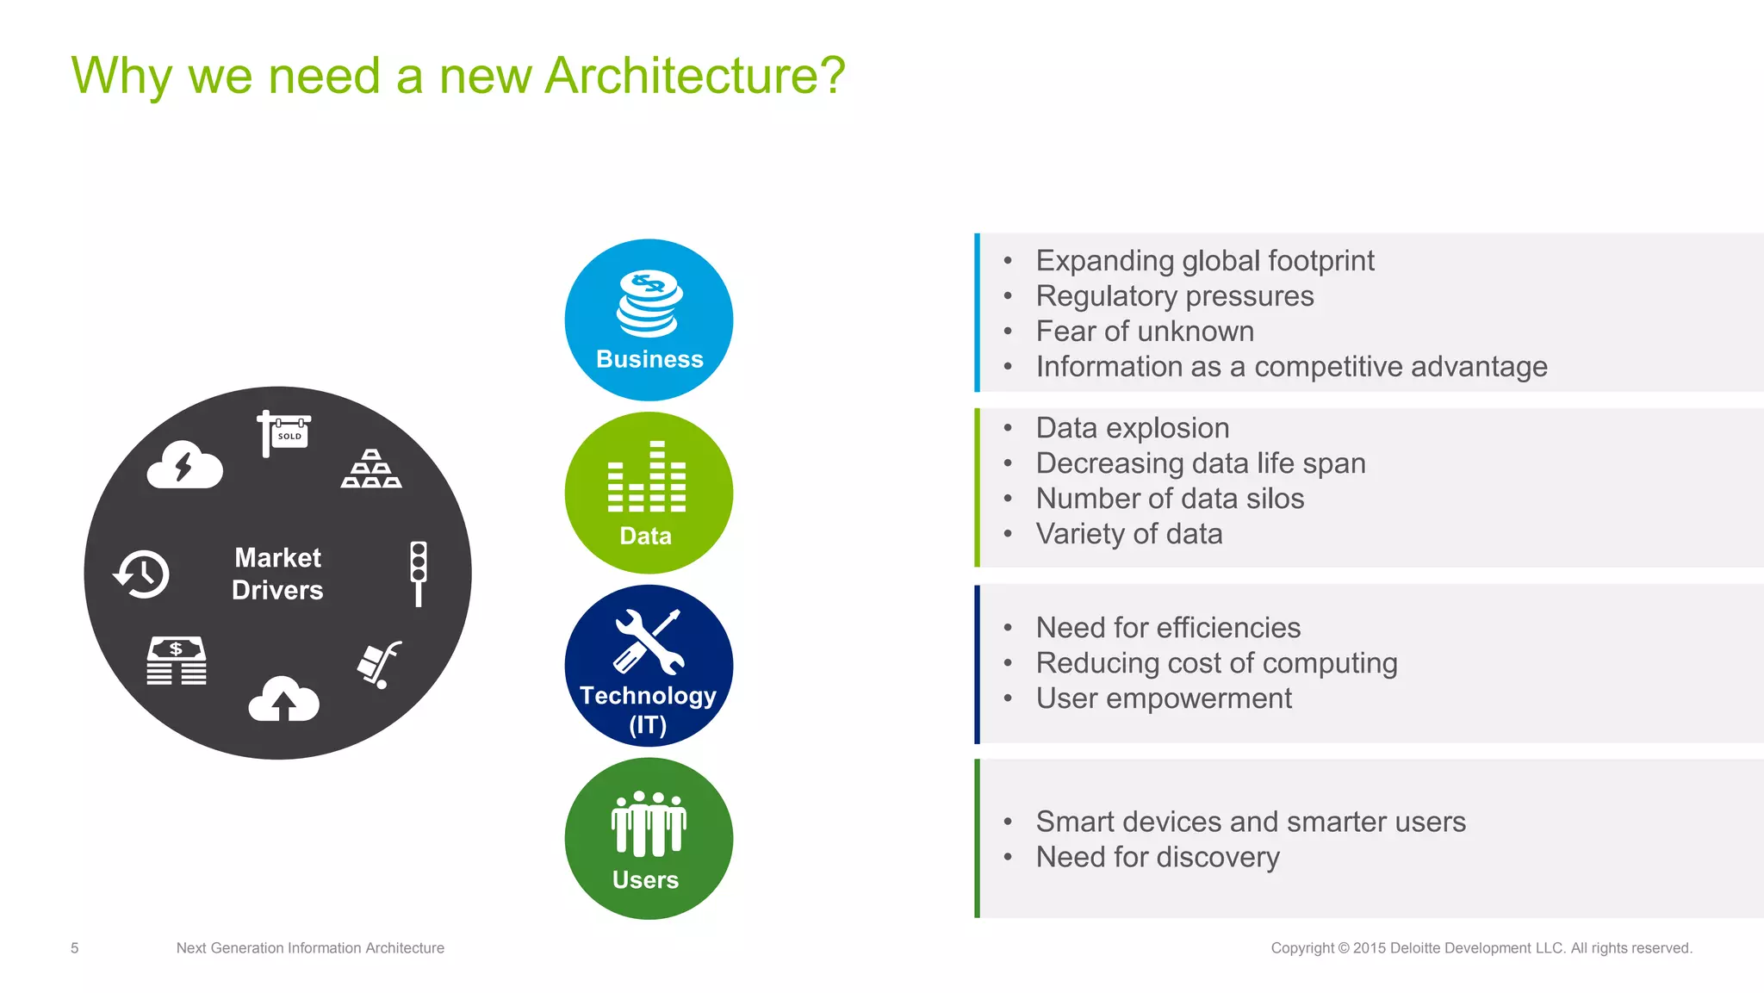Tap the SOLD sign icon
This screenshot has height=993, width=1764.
(x=284, y=432)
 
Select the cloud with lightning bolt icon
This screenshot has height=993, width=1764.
(x=184, y=466)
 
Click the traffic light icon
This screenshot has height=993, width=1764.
(x=419, y=573)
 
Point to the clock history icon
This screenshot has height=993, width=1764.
(x=141, y=574)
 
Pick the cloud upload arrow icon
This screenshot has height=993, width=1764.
(x=283, y=699)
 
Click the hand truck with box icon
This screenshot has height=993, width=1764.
(x=379, y=665)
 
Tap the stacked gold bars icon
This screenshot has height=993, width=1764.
(x=371, y=469)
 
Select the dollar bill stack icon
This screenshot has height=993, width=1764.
(x=177, y=661)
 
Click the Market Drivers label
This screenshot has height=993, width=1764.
(x=277, y=574)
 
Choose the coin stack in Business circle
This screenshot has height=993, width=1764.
(x=649, y=303)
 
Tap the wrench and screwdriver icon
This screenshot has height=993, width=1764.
(x=649, y=642)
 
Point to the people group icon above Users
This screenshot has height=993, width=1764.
(x=649, y=823)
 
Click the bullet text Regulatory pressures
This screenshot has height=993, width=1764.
(x=1174, y=296)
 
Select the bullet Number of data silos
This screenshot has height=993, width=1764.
(x=1169, y=499)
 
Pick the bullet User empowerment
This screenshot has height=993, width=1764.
(x=1163, y=698)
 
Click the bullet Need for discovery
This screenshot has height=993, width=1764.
(x=1157, y=857)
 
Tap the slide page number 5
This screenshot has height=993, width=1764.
(x=75, y=948)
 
